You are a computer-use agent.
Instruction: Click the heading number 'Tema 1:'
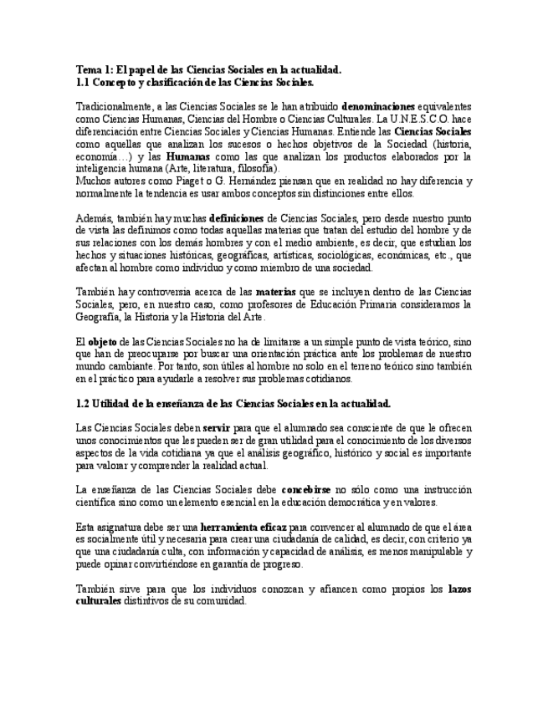click(x=94, y=70)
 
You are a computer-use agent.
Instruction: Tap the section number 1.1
click(x=83, y=82)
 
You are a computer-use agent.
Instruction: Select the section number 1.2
click(x=83, y=403)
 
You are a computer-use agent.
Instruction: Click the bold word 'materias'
click(x=274, y=292)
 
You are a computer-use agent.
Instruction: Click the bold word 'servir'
click(x=216, y=427)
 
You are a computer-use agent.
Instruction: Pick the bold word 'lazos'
click(x=459, y=589)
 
